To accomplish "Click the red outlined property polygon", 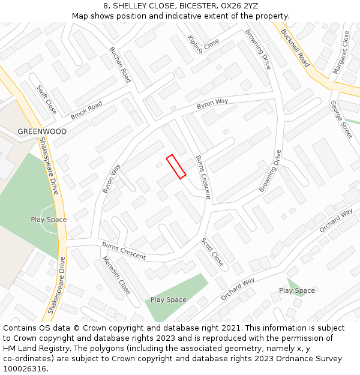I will point(176,166).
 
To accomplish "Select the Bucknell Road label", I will point(295,49).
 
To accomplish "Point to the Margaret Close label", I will point(341,53).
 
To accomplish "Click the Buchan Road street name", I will point(120,64).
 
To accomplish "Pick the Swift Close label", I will point(46,99).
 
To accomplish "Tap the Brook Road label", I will point(86,110).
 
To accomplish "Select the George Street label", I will point(341,119).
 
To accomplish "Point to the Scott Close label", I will point(212,252).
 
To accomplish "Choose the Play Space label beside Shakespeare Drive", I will point(49,220).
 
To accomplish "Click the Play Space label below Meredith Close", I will point(168,299).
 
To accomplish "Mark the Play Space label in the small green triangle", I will point(296,290).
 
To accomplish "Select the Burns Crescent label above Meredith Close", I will point(124,251).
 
